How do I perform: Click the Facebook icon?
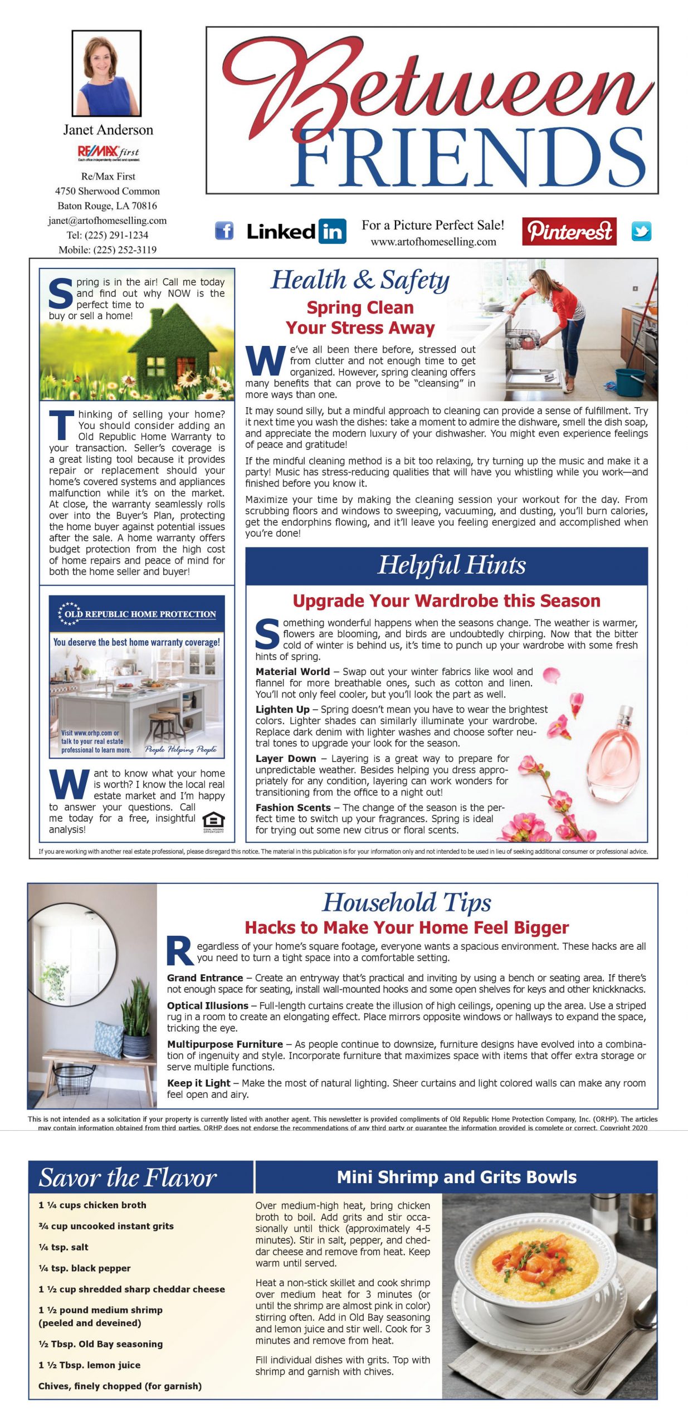pyautogui.click(x=224, y=231)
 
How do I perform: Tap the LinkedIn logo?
pyautogui.click(x=296, y=231)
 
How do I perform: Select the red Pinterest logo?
pyautogui.click(x=569, y=231)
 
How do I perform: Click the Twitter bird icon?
pyautogui.click(x=641, y=231)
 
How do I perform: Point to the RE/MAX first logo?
pyautogui.click(x=109, y=152)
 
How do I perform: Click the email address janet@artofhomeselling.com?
pyautogui.click(x=108, y=221)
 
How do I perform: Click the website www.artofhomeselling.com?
pyautogui.click(x=433, y=242)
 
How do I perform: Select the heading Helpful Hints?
pyautogui.click(x=452, y=565)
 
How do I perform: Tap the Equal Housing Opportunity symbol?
pyautogui.click(x=213, y=822)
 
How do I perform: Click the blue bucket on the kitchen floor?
pyautogui.click(x=630, y=381)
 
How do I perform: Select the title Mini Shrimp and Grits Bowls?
pyautogui.click(x=456, y=1177)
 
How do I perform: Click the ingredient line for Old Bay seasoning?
pyautogui.click(x=101, y=1344)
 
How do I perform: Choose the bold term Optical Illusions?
pyautogui.click(x=207, y=1005)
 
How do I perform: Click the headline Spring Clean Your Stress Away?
pyautogui.click(x=360, y=318)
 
